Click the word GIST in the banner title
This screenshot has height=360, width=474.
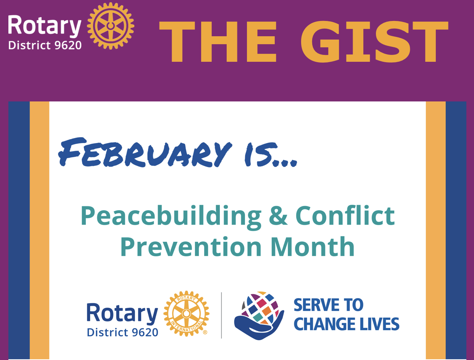click(x=374, y=42)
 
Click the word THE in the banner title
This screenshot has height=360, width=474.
click(x=218, y=42)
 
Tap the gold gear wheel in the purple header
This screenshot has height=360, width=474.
click(x=111, y=26)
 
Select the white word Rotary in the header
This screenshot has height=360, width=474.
click(x=45, y=26)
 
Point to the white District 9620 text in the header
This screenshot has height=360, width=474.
click(x=45, y=45)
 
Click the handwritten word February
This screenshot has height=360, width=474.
click(x=145, y=153)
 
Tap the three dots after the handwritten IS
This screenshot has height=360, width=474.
click(x=285, y=163)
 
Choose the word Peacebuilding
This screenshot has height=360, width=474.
click(x=171, y=216)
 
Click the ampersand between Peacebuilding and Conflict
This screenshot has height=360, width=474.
click(x=278, y=215)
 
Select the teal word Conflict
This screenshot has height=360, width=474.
click(x=345, y=215)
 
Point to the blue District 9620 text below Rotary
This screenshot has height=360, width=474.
click(x=123, y=333)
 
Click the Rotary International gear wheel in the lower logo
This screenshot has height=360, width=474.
click(x=186, y=313)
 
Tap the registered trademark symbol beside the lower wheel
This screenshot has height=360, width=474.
click(x=205, y=333)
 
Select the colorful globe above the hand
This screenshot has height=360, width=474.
click(x=260, y=308)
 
